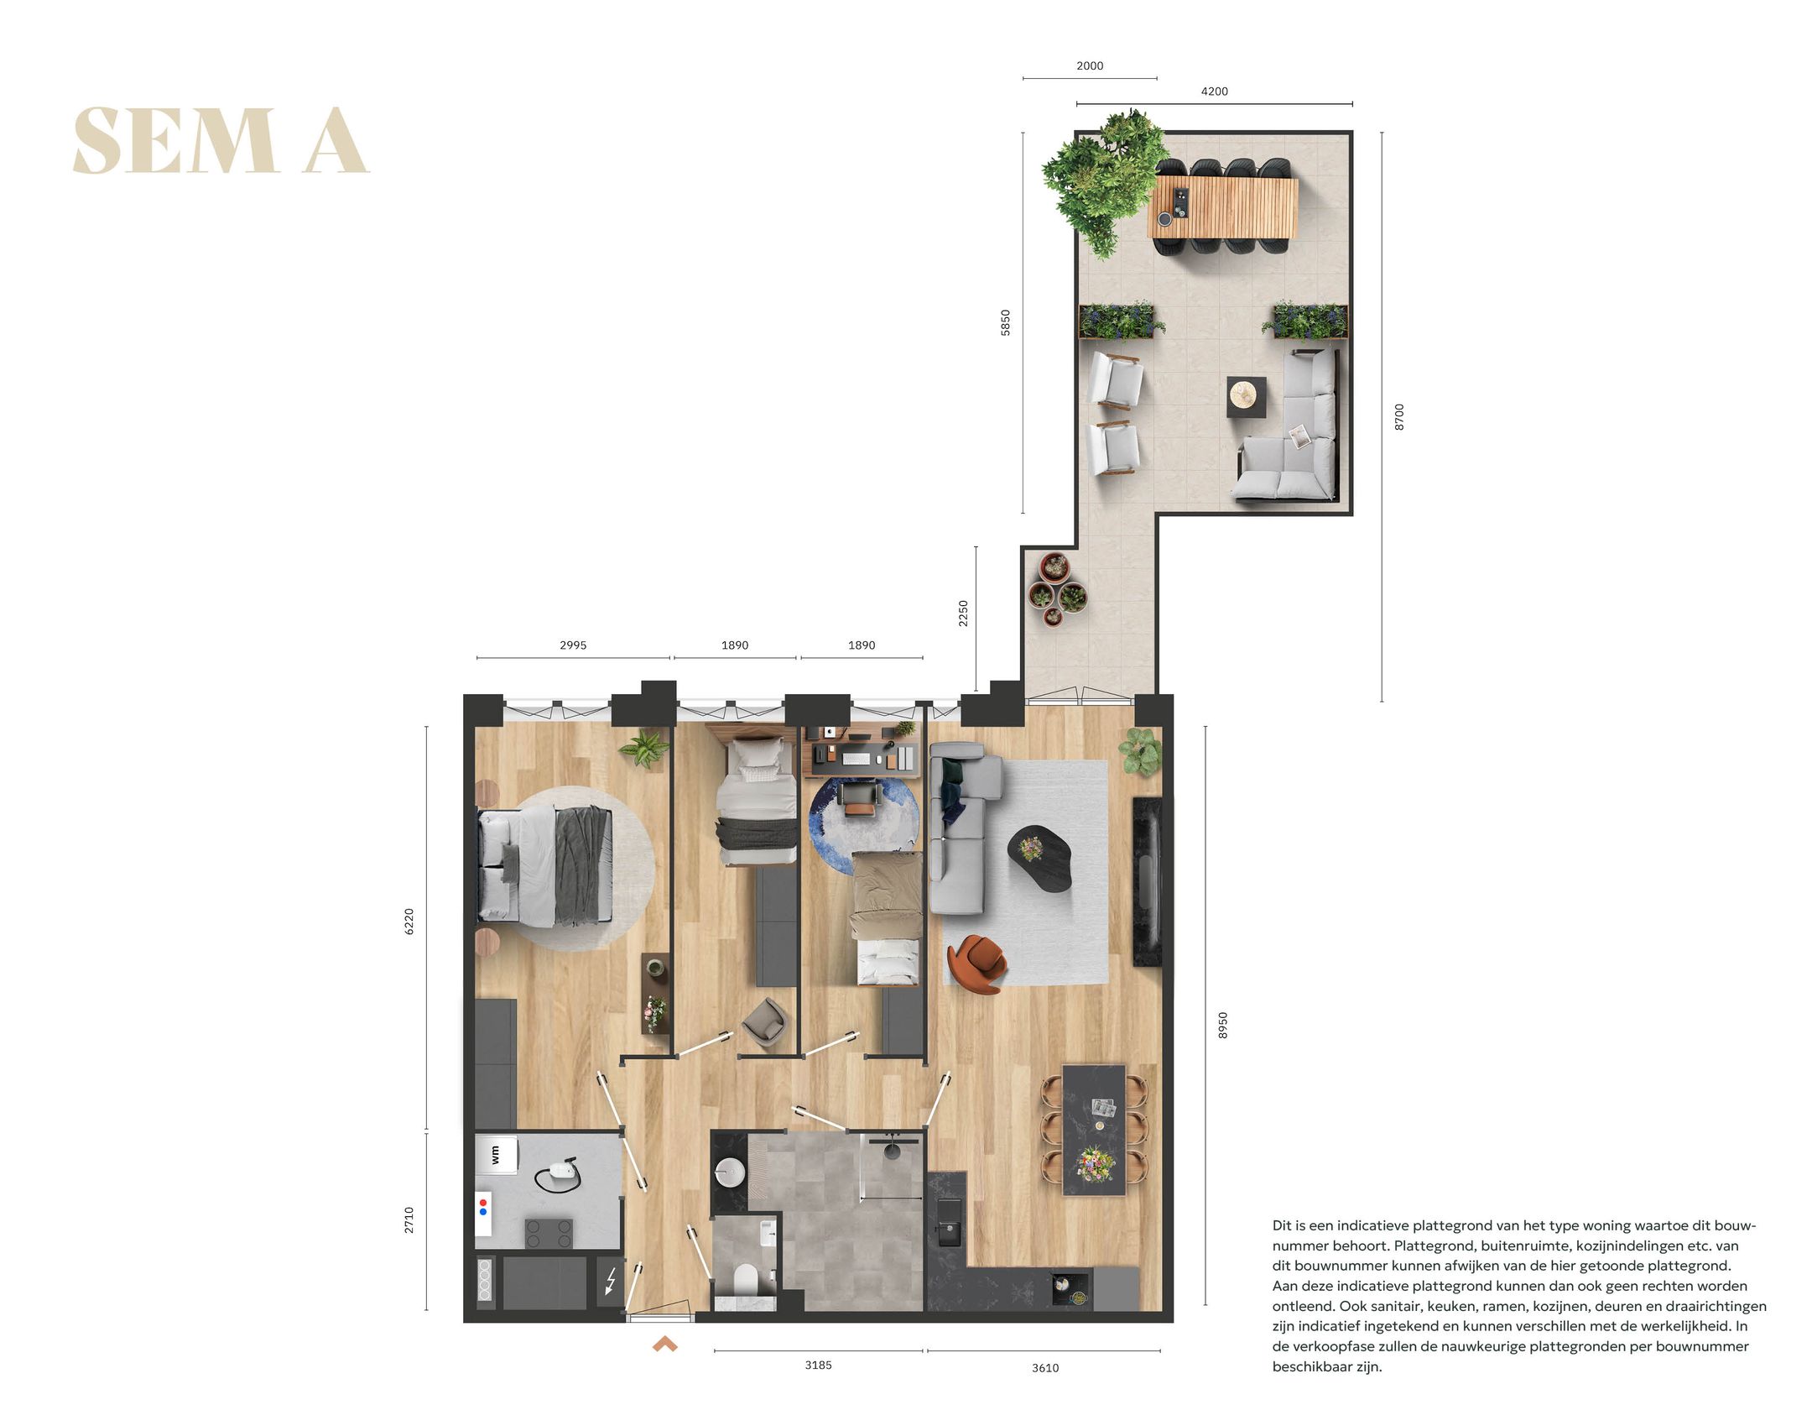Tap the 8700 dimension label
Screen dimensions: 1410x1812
pyautogui.click(x=1398, y=416)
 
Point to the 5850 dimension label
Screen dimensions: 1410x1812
pyautogui.click(x=1005, y=322)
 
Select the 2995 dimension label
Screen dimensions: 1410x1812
pyautogui.click(x=573, y=645)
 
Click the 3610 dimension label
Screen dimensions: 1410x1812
pyautogui.click(x=1044, y=1367)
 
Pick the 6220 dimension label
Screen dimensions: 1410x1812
pyautogui.click(x=409, y=922)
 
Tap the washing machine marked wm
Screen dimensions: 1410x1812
pyautogui.click(x=496, y=1155)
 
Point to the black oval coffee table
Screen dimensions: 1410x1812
pyautogui.click(x=1040, y=858)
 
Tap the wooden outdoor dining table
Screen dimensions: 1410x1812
pyautogui.click(x=1223, y=206)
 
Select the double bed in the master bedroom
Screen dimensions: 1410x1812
pyautogui.click(x=545, y=866)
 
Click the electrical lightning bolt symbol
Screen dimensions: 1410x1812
pyautogui.click(x=611, y=1281)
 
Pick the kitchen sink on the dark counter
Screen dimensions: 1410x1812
pyautogui.click(x=950, y=1222)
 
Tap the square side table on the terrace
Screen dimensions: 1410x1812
pyautogui.click(x=1247, y=396)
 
